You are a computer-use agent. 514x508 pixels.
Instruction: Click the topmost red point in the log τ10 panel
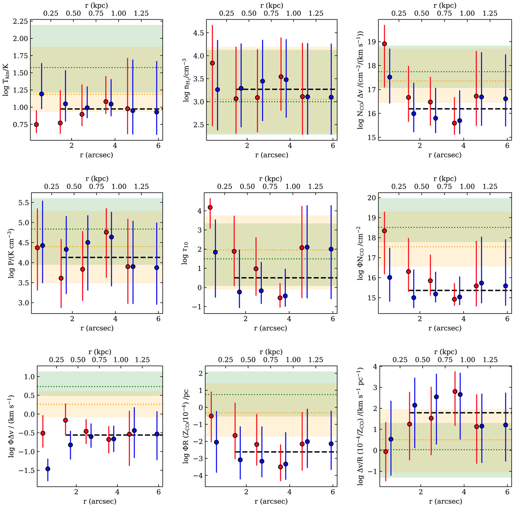pyautogui.click(x=210, y=207)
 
